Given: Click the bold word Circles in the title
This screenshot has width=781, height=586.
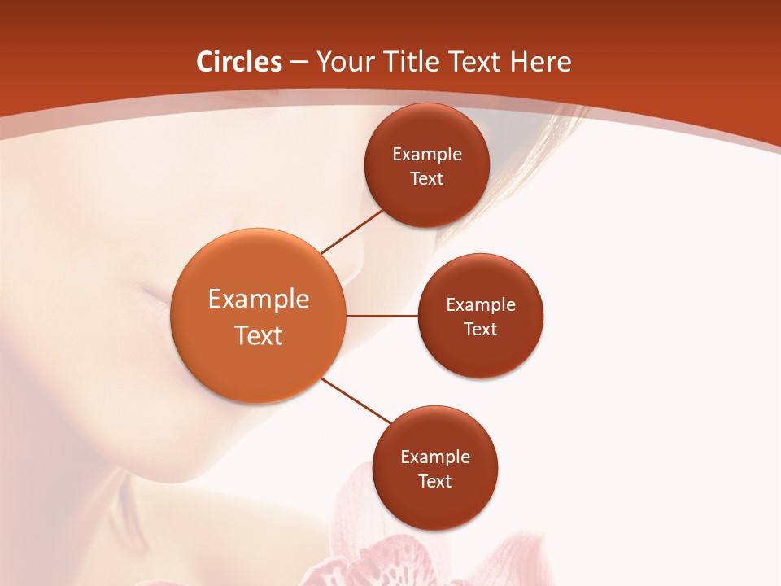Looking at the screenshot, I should [x=239, y=62].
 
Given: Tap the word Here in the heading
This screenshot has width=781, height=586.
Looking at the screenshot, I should [x=539, y=62].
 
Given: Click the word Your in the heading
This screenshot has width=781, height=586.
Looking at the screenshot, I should [x=345, y=62].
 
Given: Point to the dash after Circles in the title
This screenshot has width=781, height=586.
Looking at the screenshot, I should [x=299, y=63].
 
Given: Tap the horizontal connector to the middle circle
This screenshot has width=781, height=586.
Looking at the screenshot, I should [x=382, y=315].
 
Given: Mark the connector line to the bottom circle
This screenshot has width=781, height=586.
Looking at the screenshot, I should [x=357, y=400].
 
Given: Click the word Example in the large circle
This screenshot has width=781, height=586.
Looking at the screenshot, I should [x=259, y=299].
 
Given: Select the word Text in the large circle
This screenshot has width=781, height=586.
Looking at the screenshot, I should [x=259, y=335].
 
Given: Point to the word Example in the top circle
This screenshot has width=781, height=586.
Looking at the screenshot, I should [x=427, y=154].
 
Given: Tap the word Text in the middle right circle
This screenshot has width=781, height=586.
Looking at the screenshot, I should [x=481, y=329].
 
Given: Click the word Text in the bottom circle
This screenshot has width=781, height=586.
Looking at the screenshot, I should [x=435, y=481].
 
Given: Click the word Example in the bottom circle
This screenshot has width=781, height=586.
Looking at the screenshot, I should [x=435, y=457].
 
